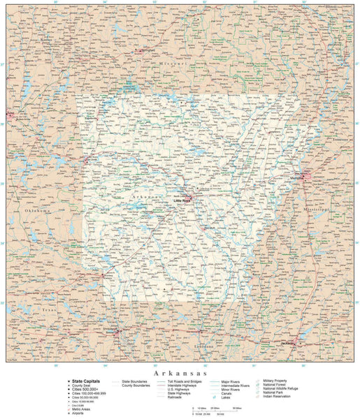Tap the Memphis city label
tap(298, 179)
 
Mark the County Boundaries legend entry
tap(137, 385)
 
